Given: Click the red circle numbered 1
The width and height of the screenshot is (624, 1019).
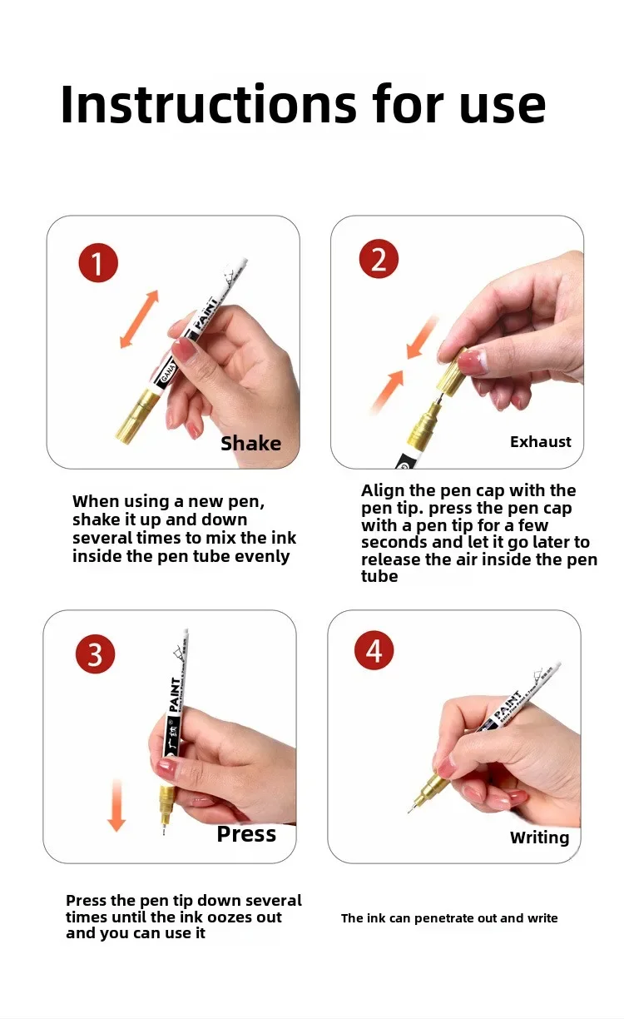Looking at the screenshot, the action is (x=98, y=262).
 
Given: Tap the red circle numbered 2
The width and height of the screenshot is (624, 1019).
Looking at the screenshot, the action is (x=379, y=259).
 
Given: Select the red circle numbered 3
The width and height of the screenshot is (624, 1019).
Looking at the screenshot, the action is (x=95, y=654).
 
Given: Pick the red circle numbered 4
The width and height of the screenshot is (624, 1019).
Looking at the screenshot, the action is (x=374, y=650).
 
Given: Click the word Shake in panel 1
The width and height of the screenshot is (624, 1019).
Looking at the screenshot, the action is (x=251, y=444).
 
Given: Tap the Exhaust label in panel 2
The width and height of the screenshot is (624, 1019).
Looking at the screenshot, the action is (x=540, y=442).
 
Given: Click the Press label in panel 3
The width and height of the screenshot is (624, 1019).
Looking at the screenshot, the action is (x=246, y=834).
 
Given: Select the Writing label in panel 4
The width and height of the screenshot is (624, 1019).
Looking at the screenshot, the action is (x=539, y=838).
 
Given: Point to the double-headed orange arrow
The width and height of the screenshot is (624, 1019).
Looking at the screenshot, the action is (x=139, y=320).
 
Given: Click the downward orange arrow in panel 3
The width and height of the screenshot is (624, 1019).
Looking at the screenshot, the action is (x=116, y=806).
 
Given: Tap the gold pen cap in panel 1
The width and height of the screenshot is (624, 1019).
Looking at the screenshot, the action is (x=136, y=416).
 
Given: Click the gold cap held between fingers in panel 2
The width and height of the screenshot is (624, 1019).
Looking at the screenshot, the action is (x=452, y=371).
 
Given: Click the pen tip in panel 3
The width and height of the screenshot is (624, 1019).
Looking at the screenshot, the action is (x=164, y=831).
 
